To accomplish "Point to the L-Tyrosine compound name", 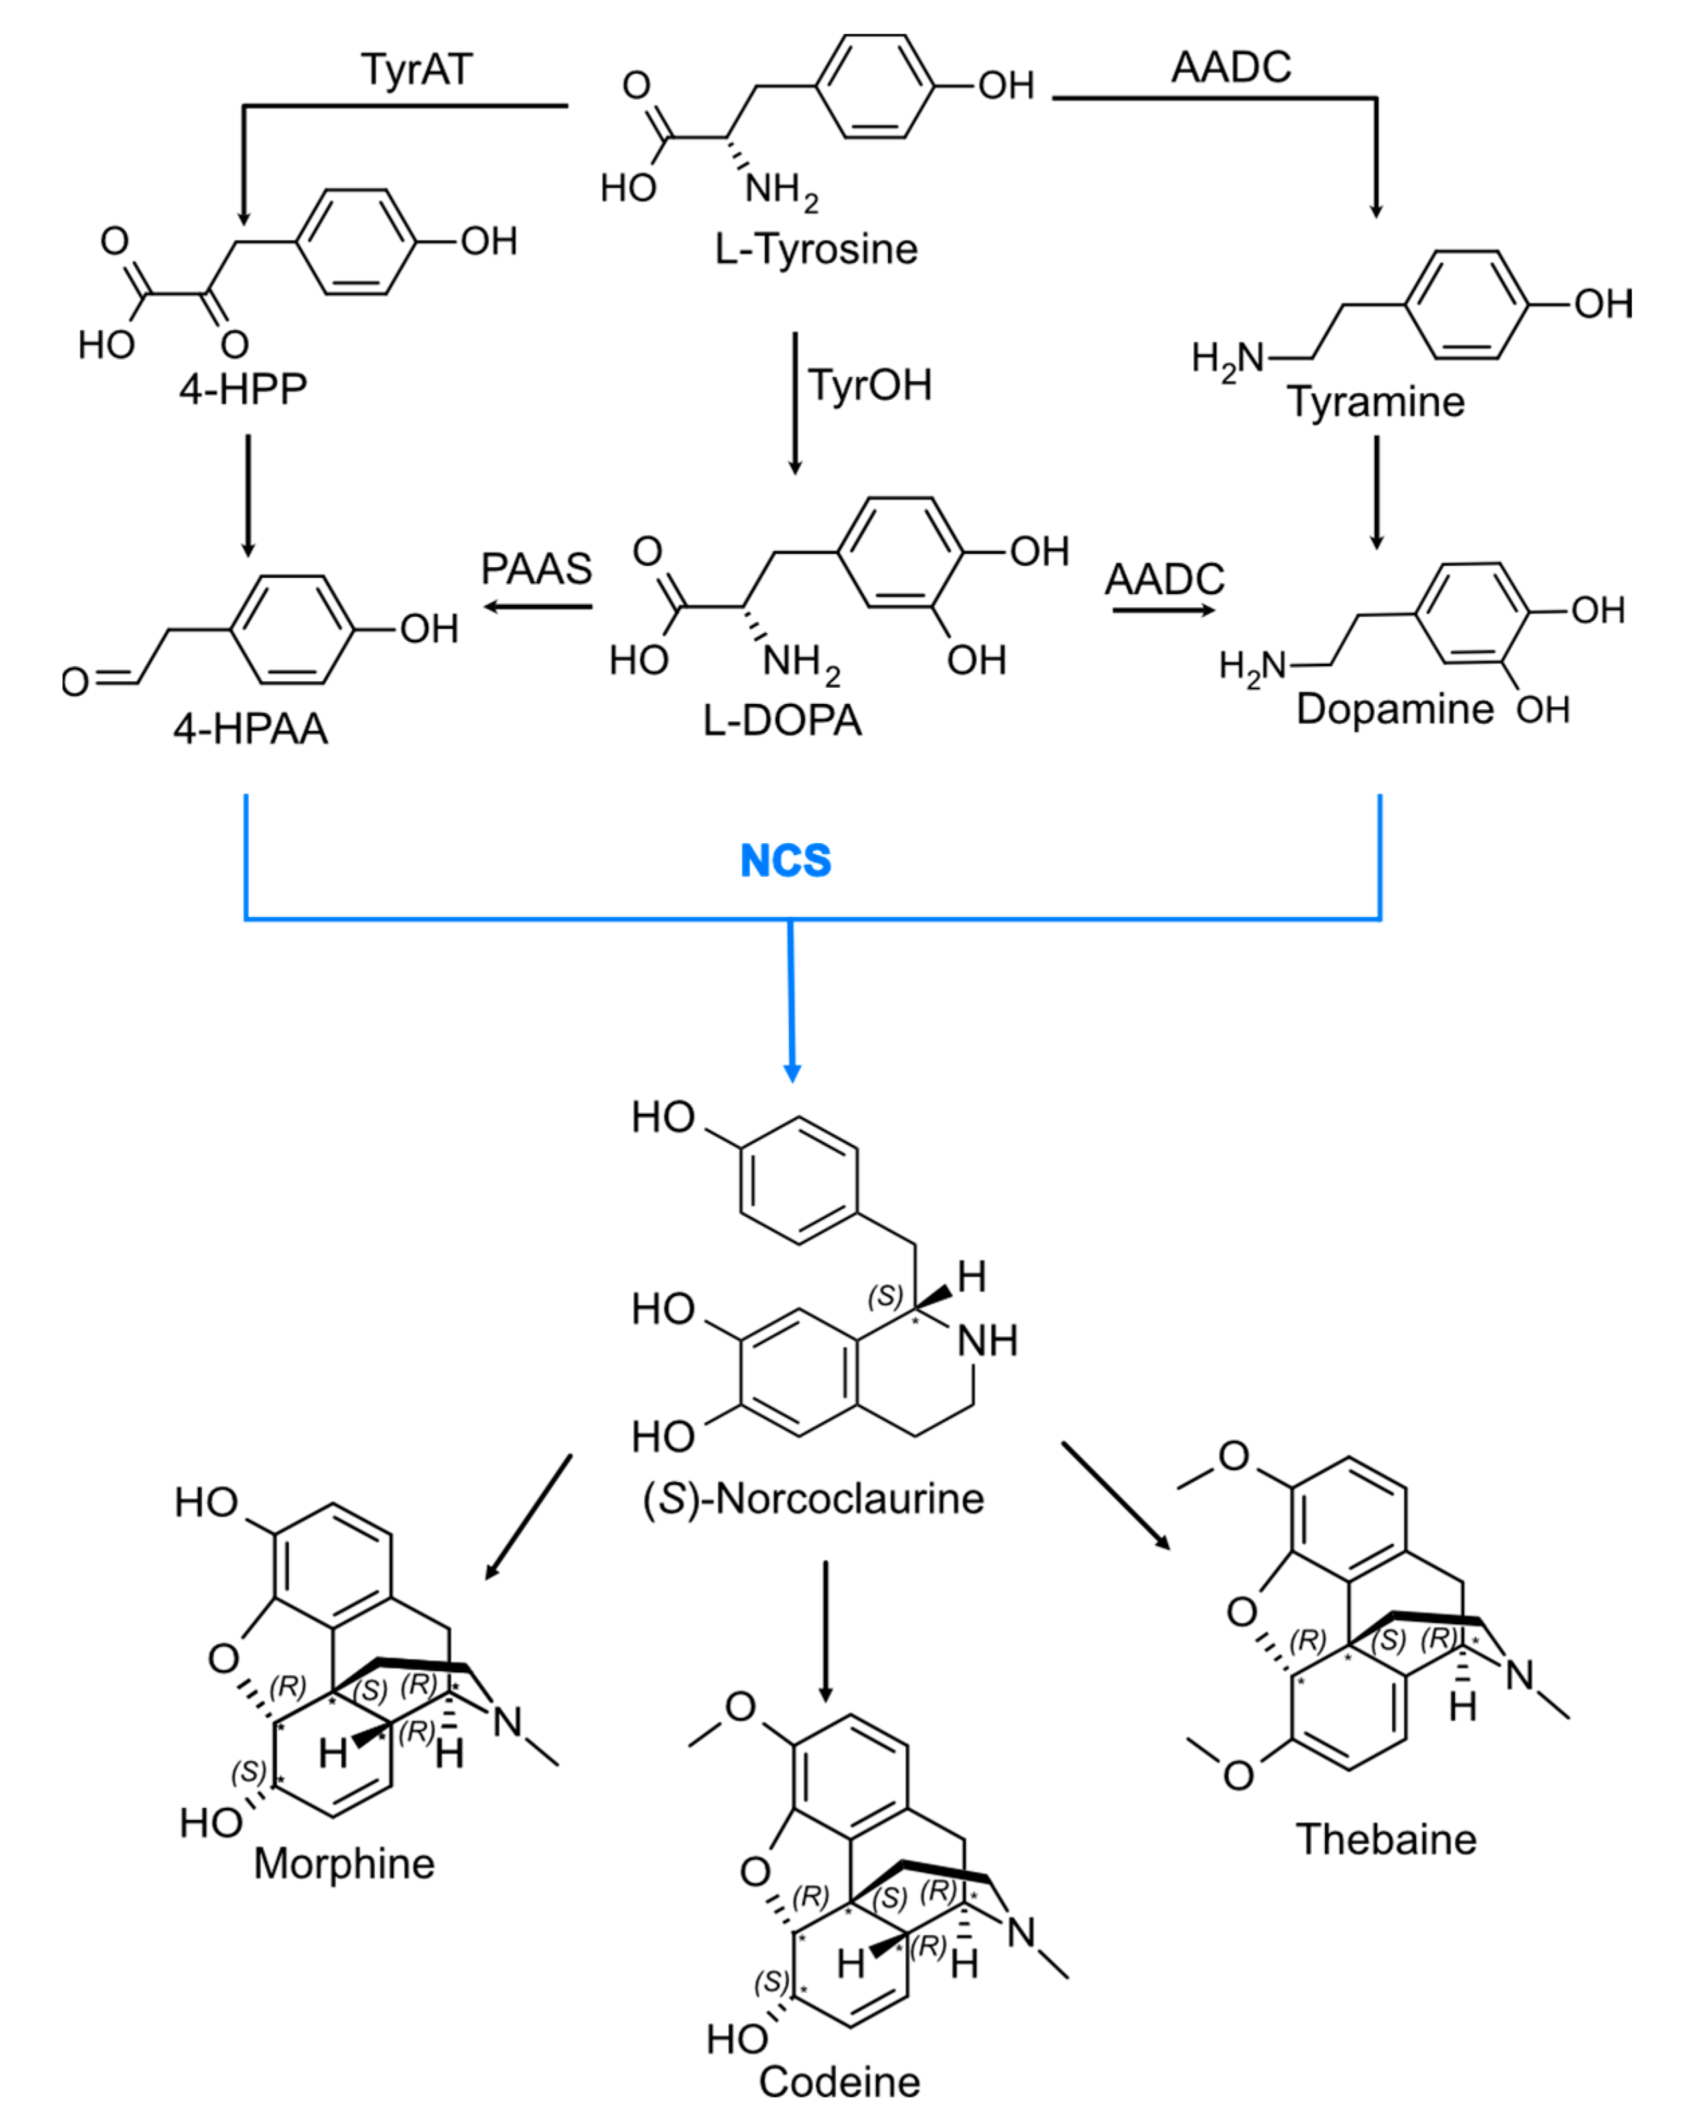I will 815,249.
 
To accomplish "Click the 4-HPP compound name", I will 243,389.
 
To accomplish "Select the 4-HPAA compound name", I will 251,729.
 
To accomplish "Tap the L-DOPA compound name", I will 782,721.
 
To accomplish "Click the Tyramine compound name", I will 1375,402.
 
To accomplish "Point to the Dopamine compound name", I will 1394,709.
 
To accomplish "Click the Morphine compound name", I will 344,1865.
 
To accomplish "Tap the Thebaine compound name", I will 1385,1839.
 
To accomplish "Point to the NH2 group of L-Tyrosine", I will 781,188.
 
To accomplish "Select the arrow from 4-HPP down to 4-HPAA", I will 247,496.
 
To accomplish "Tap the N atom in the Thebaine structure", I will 1519,1674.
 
